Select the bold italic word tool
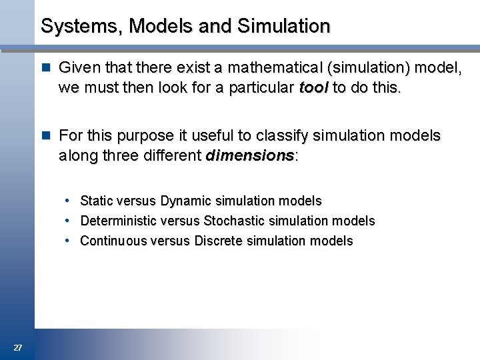click(314, 87)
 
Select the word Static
click(97, 201)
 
